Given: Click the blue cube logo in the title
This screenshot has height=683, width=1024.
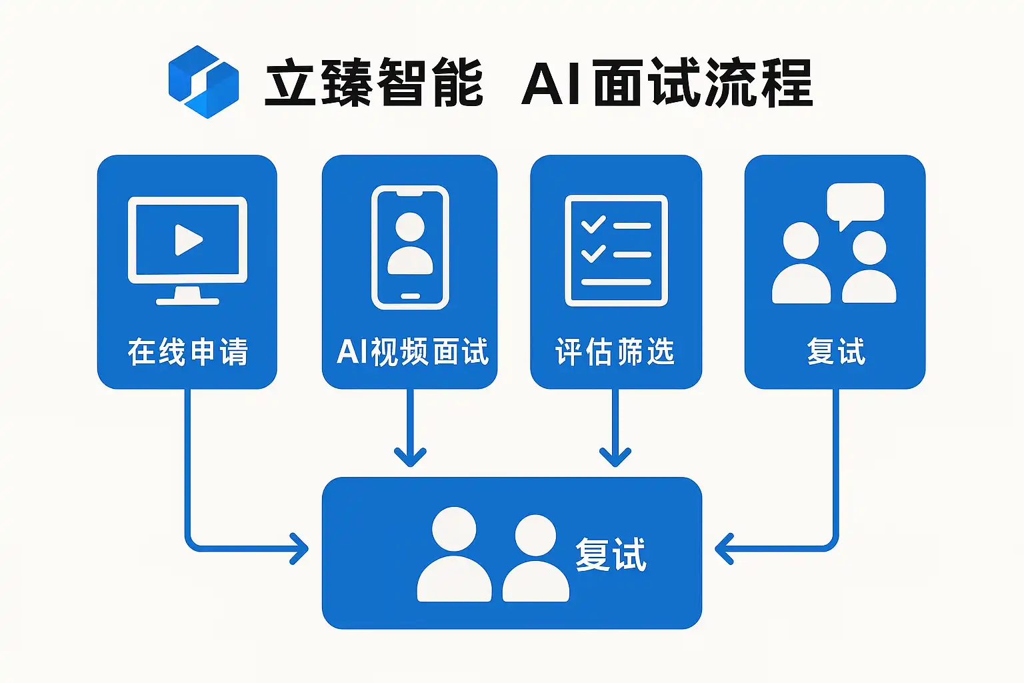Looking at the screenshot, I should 203,82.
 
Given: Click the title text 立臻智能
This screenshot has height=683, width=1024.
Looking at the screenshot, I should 374,83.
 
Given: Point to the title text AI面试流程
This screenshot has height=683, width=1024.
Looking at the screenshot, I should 667,83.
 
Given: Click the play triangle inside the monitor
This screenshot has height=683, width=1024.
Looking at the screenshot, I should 188,239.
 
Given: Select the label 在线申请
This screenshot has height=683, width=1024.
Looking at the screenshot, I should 187,352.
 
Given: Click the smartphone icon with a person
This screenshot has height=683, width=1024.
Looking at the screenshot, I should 410,247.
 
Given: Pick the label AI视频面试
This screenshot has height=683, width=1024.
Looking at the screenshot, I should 412,352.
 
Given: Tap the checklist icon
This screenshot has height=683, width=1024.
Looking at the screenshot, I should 616,250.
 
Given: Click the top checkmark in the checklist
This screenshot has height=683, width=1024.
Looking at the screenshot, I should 593,225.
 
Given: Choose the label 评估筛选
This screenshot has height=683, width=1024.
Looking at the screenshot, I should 615,352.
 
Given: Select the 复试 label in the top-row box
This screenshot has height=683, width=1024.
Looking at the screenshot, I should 835,352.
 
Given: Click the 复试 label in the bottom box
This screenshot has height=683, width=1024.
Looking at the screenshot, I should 611,554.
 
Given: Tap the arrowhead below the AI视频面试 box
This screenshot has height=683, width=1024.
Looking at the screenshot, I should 410,457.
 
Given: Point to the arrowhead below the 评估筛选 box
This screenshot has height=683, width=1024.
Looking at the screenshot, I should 615,457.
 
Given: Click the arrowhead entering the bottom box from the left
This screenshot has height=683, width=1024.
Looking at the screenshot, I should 300,549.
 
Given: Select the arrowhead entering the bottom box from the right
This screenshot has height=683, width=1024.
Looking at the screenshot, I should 723,549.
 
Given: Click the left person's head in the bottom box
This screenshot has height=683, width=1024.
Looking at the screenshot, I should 454,529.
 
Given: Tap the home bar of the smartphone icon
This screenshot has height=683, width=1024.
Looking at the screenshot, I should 410,296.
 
